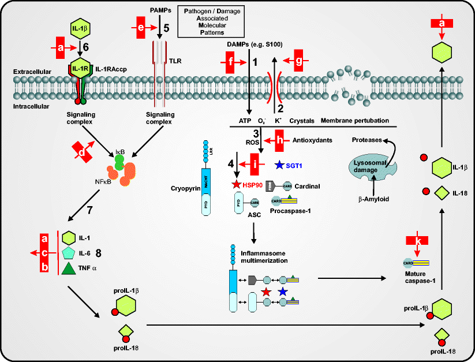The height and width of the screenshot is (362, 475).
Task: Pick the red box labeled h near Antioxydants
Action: [280, 140]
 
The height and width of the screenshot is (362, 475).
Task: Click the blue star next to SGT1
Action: [279, 166]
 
